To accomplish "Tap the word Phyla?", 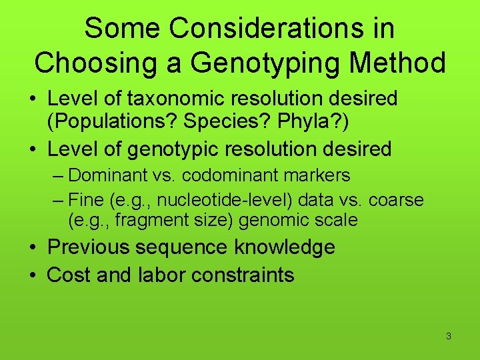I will [315, 121].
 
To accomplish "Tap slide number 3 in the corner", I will [448, 336].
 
